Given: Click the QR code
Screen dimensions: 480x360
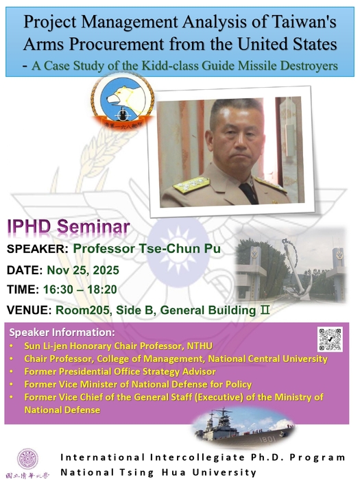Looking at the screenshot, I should (x=330, y=339).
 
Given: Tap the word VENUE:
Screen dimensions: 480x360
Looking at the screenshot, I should (x=32, y=310).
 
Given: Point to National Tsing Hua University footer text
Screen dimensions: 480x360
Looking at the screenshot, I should (x=158, y=472).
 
